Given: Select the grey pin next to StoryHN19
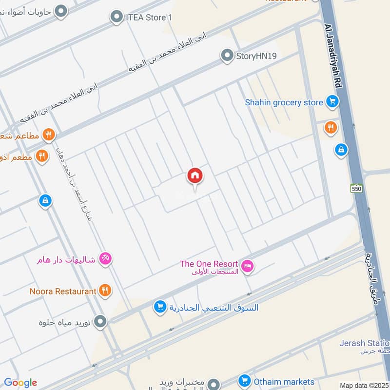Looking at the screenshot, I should (227, 56).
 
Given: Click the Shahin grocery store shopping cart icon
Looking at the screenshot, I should (332, 102).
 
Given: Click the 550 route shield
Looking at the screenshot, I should (356, 188).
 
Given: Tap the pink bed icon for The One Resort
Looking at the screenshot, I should (248, 266).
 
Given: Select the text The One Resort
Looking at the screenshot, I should (209, 264).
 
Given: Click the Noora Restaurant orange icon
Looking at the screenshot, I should (105, 291).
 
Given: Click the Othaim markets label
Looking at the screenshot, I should (284, 381).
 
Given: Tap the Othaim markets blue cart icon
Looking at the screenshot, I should (244, 381).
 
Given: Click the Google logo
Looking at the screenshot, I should (20, 383).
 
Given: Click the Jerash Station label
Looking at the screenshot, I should (365, 343).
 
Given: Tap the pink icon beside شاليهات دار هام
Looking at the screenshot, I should (105, 258).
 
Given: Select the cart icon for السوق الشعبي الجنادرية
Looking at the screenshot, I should (159, 307).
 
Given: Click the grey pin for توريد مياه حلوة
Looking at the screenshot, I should (100, 322).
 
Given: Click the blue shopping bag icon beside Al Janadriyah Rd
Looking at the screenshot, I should (341, 150).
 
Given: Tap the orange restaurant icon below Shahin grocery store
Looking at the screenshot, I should (331, 128).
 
